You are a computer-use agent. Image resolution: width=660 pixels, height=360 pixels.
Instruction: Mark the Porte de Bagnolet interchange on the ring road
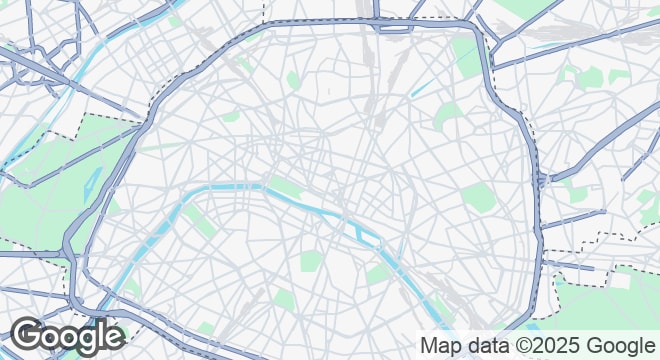[x=540, y=180]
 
